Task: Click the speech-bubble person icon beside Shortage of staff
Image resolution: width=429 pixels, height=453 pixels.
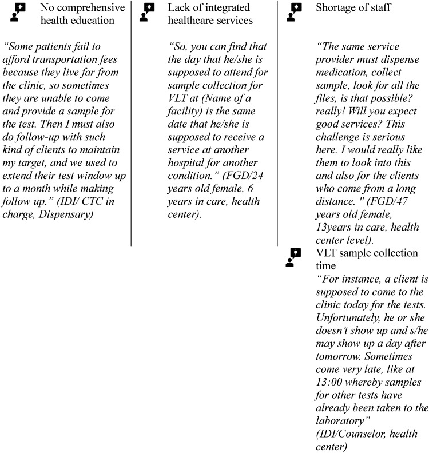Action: (295, 12)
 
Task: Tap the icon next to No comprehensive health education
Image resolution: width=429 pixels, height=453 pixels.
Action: (18, 12)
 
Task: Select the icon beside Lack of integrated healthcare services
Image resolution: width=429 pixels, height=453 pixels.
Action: (148, 12)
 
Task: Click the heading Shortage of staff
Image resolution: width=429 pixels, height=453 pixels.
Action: (354, 8)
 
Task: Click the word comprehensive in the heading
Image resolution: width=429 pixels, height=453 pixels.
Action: (91, 8)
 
